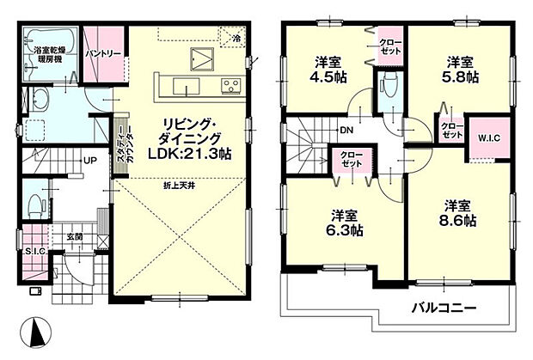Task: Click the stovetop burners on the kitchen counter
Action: (230, 84)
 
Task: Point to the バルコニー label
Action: (442, 308)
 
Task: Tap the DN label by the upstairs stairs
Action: (346, 130)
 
